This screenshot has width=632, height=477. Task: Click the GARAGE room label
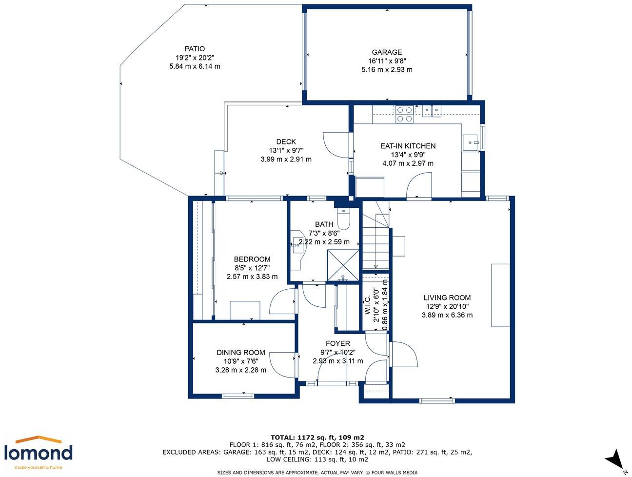tap(387, 52)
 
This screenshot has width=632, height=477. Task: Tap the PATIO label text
tap(195, 49)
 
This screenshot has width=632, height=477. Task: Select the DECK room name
tap(286, 141)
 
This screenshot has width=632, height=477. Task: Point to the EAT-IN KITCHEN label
tap(408, 146)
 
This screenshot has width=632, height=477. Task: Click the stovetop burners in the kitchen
tap(404, 114)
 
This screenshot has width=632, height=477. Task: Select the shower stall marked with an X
tap(343, 265)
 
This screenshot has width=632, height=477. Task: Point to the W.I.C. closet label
tap(367, 305)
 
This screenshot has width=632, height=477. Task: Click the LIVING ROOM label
tap(447, 298)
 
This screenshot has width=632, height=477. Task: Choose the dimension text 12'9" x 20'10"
tap(447, 306)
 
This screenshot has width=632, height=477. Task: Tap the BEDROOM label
tap(252, 259)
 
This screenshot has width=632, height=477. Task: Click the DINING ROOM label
tap(241, 352)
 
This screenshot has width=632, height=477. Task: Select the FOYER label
tap(338, 343)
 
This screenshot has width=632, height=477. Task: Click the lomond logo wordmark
tap(38, 454)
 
